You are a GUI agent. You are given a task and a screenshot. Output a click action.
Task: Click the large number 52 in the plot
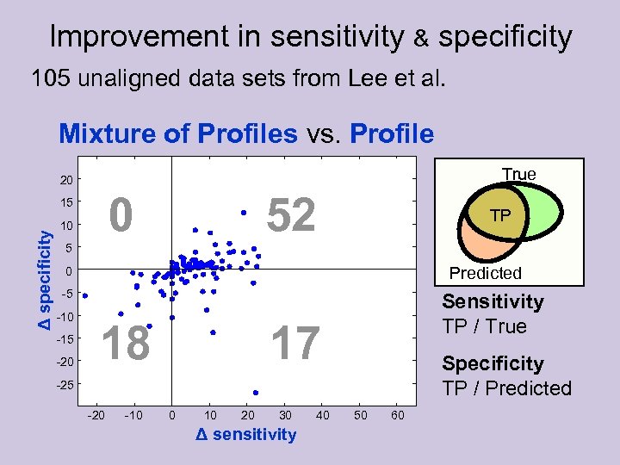tap(292, 215)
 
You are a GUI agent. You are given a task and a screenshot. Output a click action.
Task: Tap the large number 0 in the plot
tap(122, 215)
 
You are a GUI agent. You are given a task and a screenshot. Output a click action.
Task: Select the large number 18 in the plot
tap(126, 344)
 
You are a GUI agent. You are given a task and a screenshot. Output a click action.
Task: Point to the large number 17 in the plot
tap(295, 344)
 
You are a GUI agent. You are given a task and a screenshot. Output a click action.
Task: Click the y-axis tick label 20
tap(66, 180)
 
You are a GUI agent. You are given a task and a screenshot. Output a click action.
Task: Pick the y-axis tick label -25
tap(65, 384)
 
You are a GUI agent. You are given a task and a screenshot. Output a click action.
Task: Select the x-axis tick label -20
tap(96, 416)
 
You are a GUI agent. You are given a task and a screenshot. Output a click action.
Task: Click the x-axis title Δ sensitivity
tap(245, 435)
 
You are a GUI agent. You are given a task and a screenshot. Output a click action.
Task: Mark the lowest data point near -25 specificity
tap(256, 393)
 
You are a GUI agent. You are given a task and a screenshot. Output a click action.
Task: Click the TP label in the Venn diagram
tap(499, 215)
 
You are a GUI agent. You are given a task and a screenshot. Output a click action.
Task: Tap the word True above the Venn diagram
tap(518, 174)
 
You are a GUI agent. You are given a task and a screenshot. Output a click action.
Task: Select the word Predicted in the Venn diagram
tap(486, 273)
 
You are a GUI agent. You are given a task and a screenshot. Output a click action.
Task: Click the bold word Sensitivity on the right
tap(493, 301)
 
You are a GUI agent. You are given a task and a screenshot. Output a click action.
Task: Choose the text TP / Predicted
tap(506, 388)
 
